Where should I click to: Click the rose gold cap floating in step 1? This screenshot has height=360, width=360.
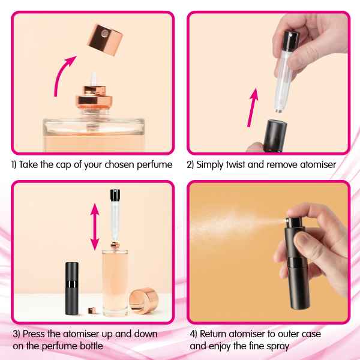click(105, 40)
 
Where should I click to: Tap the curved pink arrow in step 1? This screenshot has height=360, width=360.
click(60, 73)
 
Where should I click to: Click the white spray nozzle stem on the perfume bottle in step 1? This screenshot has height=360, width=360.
click(94, 79)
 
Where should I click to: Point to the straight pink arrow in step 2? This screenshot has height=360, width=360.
click(253, 107)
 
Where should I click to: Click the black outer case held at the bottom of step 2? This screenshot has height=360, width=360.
click(275, 136)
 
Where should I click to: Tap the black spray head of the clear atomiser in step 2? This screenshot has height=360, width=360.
click(290, 41)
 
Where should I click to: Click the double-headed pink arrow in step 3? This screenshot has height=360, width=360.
click(95, 227)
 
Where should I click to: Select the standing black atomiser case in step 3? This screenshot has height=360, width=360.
click(72, 289)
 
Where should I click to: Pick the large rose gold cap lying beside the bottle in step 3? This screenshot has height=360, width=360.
click(144, 301)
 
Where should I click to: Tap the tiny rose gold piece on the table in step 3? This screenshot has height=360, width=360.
click(92, 310)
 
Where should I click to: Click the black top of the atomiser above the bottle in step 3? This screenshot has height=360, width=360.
click(115, 194)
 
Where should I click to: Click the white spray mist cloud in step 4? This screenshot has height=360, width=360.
click(230, 226)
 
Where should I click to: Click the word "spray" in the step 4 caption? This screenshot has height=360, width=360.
click(278, 347)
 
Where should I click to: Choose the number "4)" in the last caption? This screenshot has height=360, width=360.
click(194, 334)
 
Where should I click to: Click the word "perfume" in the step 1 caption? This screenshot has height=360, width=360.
click(155, 165)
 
